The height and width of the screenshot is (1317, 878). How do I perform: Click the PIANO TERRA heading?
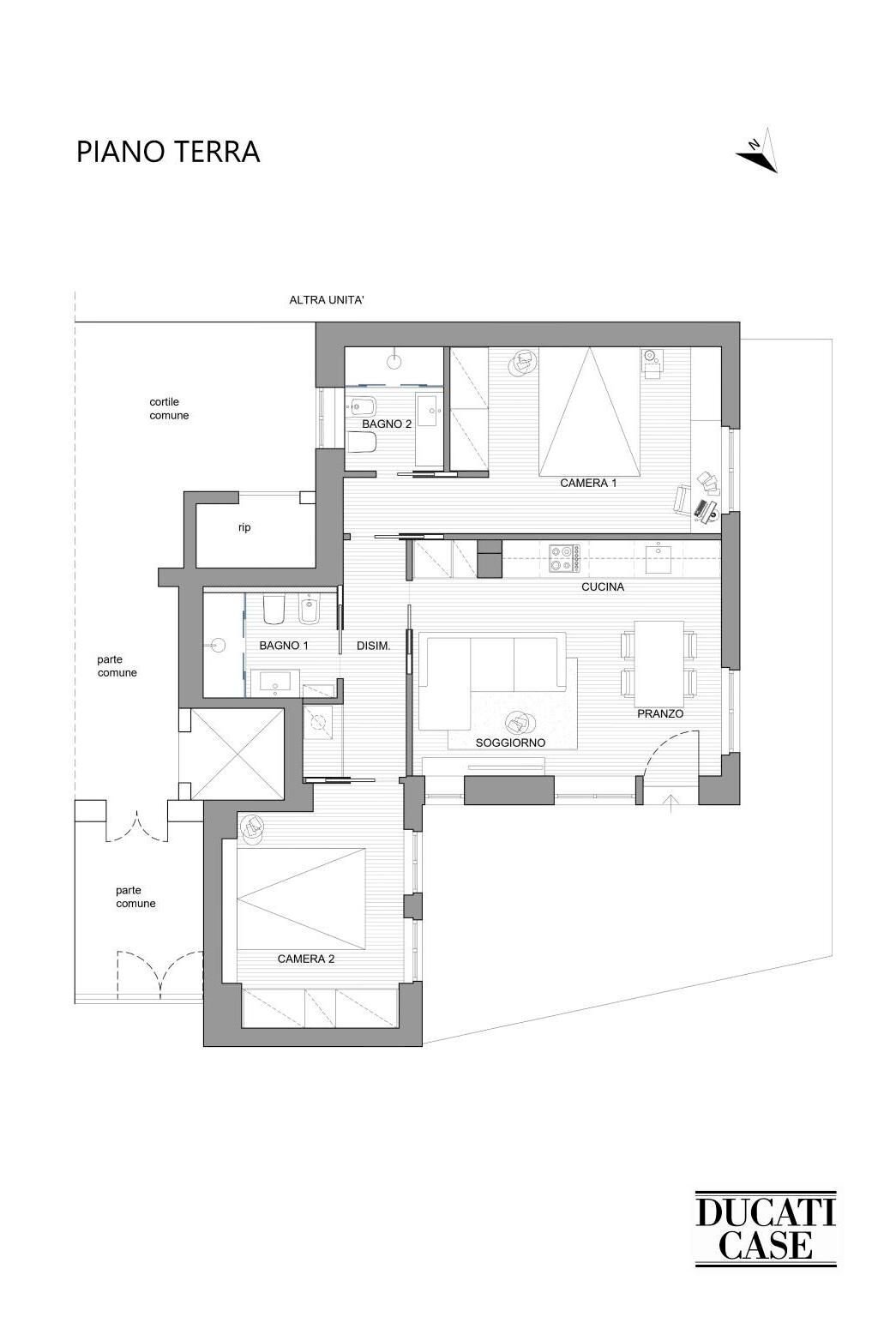pos(168,151)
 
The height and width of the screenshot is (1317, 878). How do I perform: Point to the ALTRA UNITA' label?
pos(327,300)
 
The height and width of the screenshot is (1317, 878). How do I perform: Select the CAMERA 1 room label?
pos(588,484)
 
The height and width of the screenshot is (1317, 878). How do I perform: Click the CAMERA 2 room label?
pos(306,959)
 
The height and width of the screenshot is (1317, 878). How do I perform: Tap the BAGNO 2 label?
pos(387,424)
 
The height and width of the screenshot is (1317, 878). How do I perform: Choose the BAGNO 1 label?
pos(284,646)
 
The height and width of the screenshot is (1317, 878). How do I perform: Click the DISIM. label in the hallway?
pos(374,646)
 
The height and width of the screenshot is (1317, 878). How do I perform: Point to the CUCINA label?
pos(602,586)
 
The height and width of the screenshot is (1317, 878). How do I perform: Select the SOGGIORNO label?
pos(510,743)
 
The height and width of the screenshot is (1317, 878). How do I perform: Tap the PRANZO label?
pos(660,713)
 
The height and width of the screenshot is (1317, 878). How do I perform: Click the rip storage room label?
pos(244,527)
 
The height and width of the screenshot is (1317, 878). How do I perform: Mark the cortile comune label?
pos(169,409)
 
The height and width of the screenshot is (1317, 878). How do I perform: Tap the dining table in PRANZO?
pos(658,664)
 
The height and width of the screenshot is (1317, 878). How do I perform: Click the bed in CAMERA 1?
pos(589,412)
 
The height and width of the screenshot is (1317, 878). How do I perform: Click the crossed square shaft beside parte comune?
pos(238,754)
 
